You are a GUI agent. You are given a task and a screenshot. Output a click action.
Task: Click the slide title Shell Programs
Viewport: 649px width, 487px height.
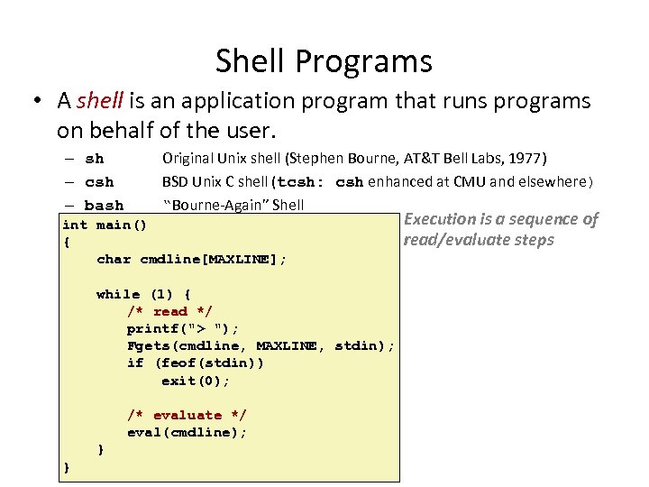[324, 61]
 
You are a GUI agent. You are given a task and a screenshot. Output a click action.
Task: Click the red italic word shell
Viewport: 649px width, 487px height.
[97, 101]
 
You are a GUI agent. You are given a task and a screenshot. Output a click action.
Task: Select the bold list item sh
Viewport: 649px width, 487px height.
[94, 160]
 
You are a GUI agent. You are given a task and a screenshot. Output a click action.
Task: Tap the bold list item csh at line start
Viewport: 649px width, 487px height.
[98, 182]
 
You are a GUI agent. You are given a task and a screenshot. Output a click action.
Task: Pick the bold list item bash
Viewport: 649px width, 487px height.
[104, 206]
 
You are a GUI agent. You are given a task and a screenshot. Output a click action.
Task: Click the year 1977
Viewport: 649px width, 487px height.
[527, 159]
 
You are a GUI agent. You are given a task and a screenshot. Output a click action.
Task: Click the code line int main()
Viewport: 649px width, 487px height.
[105, 225]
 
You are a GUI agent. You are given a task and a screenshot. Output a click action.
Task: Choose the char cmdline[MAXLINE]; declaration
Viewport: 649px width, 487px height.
[191, 260]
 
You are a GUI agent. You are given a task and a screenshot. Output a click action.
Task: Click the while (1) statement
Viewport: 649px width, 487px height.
[143, 294]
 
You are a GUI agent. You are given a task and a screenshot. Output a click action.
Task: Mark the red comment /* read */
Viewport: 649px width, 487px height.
[169, 311]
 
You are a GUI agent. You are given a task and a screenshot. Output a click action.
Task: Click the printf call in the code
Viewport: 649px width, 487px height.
[183, 328]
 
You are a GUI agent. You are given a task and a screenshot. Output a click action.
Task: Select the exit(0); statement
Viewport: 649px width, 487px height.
[196, 381]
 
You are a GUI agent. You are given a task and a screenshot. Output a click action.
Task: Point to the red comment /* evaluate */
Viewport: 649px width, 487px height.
[187, 415]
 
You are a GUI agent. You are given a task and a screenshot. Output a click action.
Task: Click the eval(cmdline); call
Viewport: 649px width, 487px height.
[187, 432]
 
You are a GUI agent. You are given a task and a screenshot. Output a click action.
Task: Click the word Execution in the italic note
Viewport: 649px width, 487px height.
[440, 219]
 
